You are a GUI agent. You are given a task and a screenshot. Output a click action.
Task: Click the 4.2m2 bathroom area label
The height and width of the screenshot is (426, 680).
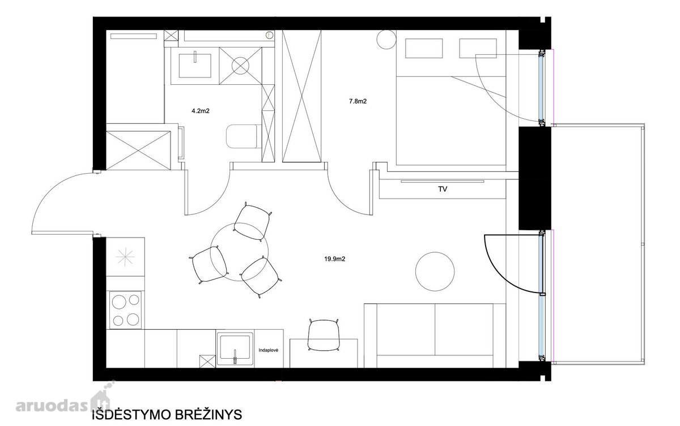pos(201,111)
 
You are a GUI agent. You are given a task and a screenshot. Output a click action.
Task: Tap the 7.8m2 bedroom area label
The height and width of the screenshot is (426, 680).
pos(358,101)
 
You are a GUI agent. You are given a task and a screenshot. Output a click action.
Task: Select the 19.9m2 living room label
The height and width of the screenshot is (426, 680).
pos(335,259)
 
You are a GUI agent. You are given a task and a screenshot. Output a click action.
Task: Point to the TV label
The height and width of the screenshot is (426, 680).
pos(443,190)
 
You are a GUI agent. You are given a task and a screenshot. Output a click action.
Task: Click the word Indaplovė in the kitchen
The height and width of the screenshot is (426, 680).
pos(269,350)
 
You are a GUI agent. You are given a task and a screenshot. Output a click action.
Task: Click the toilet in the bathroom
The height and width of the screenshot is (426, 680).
pos(243,136)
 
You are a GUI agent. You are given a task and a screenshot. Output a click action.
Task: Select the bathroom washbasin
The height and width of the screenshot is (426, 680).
pos(195,66)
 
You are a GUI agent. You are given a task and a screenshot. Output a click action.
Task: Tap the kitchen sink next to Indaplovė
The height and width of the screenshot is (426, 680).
pos(235,349)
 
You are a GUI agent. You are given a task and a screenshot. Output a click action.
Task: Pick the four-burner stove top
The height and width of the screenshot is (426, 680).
pos(125,310)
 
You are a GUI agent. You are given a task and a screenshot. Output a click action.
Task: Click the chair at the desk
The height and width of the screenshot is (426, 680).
pos(324,335)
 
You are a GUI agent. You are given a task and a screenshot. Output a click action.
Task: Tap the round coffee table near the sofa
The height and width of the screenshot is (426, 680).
pos(435,272)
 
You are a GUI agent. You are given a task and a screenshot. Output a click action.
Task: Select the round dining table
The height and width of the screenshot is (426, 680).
pos(240,252)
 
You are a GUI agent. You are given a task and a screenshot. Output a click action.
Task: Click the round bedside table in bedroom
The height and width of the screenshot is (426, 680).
pos(386,39)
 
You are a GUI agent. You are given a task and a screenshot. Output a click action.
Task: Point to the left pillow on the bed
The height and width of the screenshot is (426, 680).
pos(424,48)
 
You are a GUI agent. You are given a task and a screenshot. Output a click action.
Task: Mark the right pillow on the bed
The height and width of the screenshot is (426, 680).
pos(478,48)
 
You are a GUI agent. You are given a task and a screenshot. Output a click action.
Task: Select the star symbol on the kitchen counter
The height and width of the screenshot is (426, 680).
pos(125,257)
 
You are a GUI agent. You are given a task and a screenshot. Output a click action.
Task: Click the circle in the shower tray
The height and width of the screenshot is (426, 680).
pos(240,66)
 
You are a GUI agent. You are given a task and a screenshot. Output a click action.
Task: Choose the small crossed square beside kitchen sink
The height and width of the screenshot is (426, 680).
pos(207,361)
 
